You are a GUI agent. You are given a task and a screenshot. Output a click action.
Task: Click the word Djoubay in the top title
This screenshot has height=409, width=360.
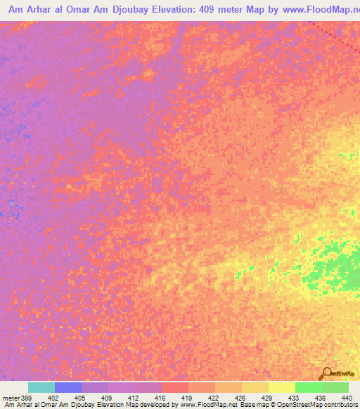(x=115, y=11)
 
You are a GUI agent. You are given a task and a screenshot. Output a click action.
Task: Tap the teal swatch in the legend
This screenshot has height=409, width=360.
(x=41, y=387)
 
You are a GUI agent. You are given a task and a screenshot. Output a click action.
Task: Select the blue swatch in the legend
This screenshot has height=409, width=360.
(x=68, y=387)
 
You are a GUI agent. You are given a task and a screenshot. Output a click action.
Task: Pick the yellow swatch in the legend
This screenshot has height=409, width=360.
(x=282, y=387)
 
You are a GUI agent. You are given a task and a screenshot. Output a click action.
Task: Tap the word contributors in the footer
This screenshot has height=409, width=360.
(x=339, y=405)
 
